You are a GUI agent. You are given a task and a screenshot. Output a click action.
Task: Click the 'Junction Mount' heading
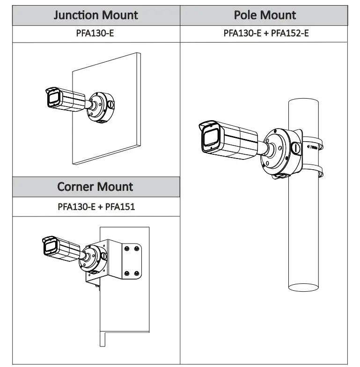(96, 15)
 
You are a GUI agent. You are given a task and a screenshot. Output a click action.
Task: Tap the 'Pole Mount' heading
(264, 15)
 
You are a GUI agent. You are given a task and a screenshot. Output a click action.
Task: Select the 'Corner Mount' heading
(96, 187)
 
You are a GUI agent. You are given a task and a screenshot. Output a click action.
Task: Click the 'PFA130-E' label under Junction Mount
(96, 34)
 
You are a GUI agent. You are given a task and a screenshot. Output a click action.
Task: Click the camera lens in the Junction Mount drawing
(51, 99)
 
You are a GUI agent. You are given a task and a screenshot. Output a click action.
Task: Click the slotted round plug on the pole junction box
(296, 148)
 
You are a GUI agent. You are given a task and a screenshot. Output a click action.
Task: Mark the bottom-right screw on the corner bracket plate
(136, 273)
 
